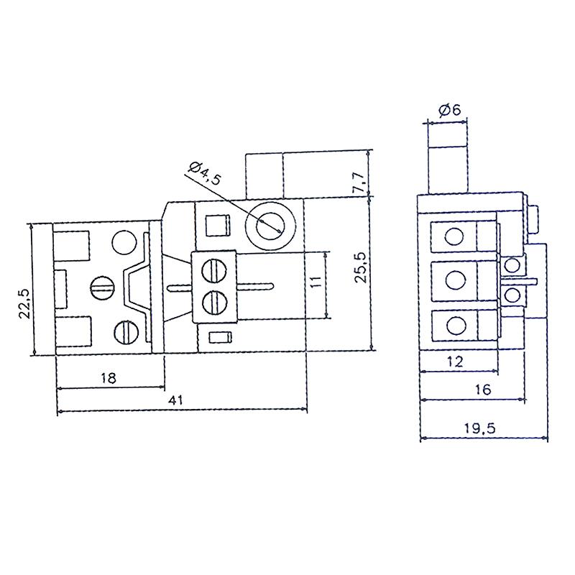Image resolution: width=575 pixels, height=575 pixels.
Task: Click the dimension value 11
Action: [x=317, y=282]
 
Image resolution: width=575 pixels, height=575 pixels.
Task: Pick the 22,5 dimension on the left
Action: [x=23, y=303]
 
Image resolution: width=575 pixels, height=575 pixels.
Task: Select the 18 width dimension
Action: [x=109, y=377]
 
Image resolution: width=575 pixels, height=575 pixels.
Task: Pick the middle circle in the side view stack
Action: [x=454, y=279]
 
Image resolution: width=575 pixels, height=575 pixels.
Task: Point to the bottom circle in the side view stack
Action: [x=454, y=325]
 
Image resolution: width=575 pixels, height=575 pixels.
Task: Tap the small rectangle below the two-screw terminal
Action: [x=219, y=337]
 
